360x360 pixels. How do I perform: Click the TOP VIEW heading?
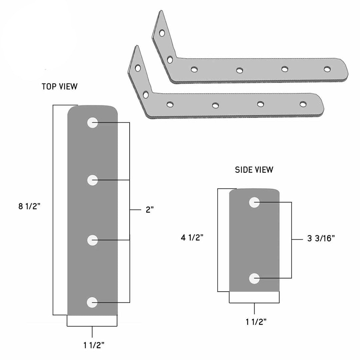click(59, 87)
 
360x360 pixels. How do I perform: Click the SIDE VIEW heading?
click(254, 170)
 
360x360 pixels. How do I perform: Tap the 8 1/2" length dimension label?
click(29, 206)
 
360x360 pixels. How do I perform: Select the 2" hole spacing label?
click(149, 209)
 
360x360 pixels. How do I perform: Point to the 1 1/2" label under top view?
click(94, 345)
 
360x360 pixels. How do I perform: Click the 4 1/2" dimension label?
click(192, 237)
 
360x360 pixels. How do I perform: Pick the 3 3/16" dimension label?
click(321, 238)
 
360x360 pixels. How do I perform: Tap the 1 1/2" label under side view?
click(256, 322)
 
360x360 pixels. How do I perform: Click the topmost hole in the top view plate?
click(93, 123)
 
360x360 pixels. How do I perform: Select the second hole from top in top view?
click(93, 180)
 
